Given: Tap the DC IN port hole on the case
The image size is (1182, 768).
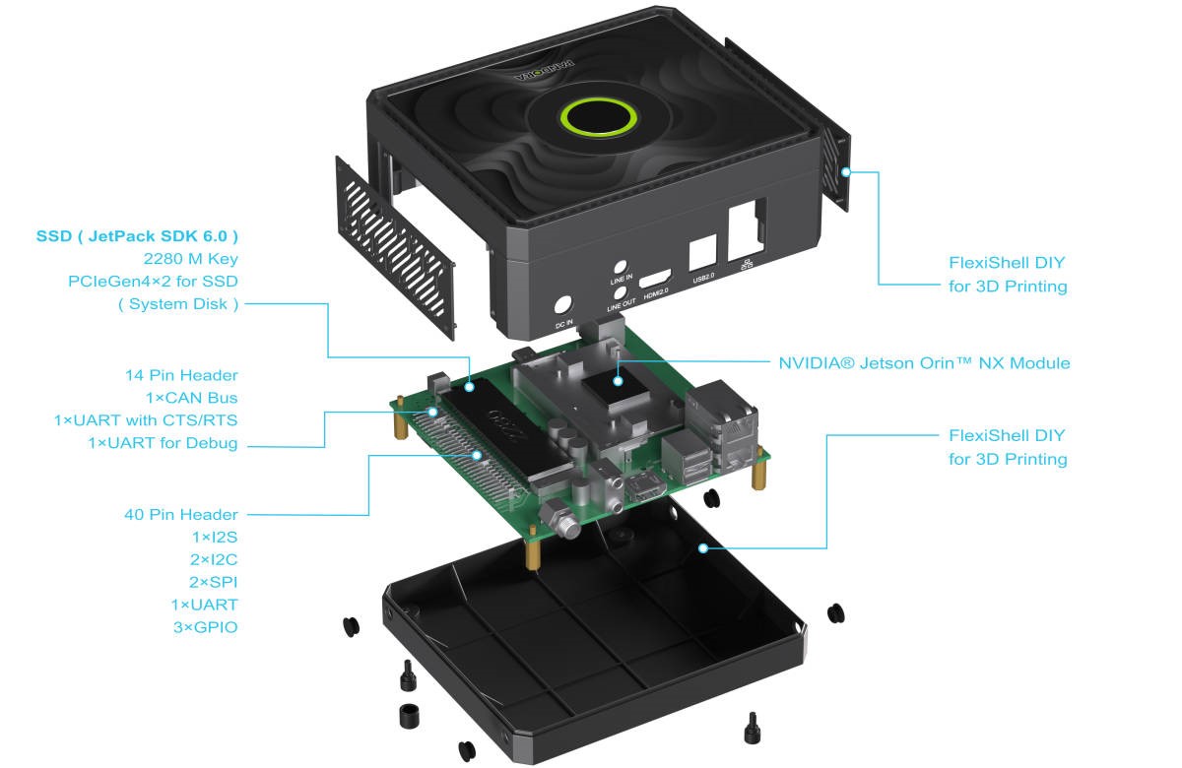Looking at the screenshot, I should click(564, 306).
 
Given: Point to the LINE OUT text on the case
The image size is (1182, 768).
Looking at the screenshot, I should click(621, 306).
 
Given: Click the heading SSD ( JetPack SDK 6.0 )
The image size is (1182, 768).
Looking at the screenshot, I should click(137, 236).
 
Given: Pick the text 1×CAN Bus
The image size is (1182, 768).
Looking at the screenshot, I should click(191, 398).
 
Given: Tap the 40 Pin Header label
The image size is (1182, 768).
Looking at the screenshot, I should click(180, 514).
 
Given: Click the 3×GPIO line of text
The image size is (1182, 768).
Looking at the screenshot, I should click(204, 626).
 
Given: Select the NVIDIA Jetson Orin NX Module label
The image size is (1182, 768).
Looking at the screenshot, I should click(924, 363).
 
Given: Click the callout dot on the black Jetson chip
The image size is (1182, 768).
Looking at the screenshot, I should click(618, 378).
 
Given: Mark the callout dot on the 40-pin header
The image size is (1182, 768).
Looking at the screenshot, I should click(477, 455).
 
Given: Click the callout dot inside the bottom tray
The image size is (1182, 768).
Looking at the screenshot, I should click(703, 547).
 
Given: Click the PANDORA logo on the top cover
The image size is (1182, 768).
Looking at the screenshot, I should click(541, 74).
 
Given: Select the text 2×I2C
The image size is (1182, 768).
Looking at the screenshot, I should click(213, 559).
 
